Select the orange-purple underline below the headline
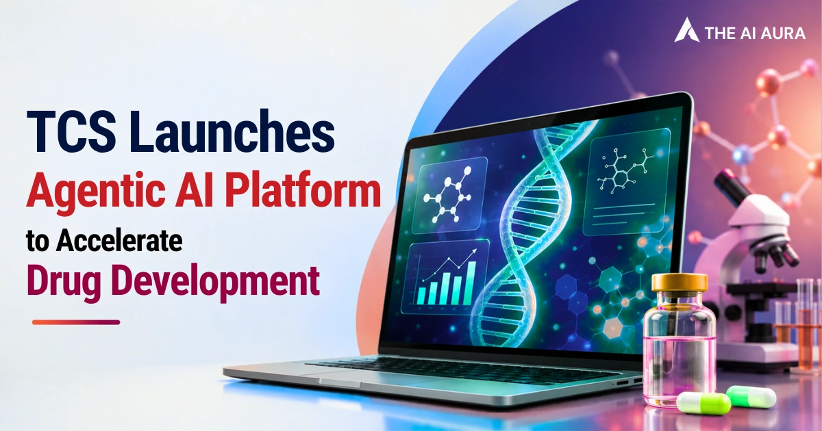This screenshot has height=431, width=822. tap(76, 322)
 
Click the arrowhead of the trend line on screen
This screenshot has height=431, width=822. tap(475, 252)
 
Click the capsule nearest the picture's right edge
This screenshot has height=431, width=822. tap(751, 397)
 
